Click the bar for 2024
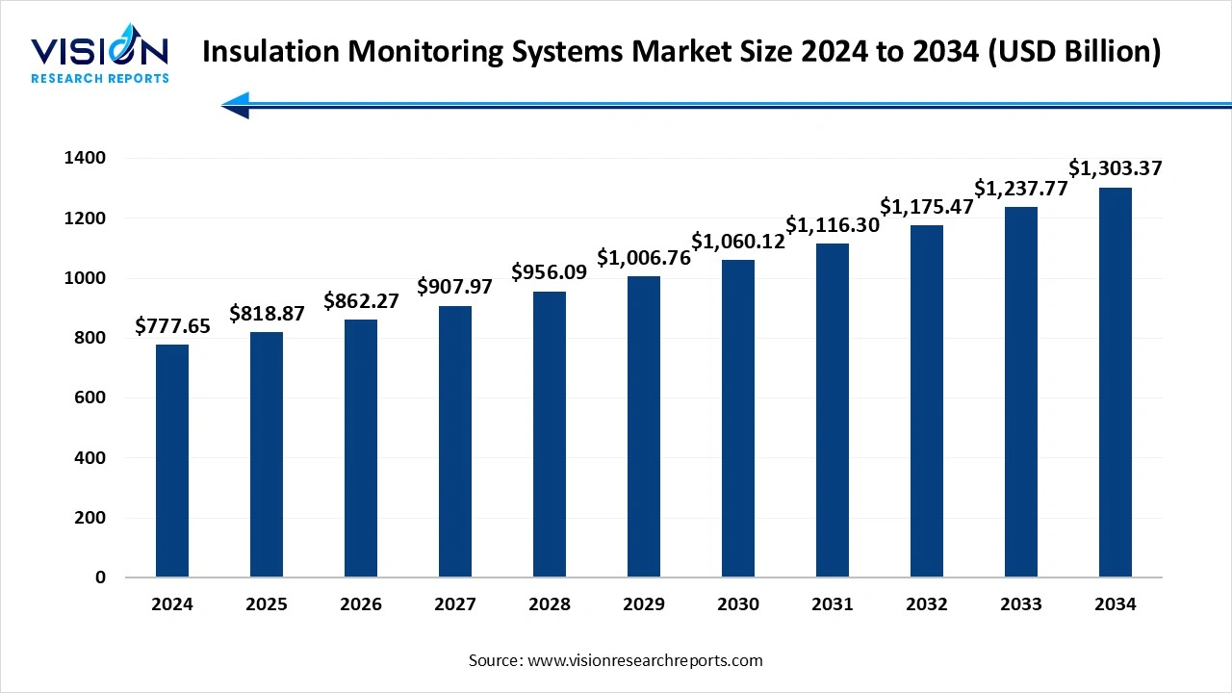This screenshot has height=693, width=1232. (172, 461)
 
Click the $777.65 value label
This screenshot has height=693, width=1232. (172, 326)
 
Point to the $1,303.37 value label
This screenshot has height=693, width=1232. (1116, 168)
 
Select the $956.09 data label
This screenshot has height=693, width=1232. (550, 272)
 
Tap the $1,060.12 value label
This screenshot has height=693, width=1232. (738, 241)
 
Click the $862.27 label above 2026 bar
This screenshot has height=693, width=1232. (361, 300)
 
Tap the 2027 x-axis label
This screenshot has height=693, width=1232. (455, 604)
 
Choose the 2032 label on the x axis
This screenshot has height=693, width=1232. (927, 604)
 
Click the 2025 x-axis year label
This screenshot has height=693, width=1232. (267, 604)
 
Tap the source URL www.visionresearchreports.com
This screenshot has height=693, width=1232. (645, 660)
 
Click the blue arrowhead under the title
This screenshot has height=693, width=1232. (236, 105)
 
